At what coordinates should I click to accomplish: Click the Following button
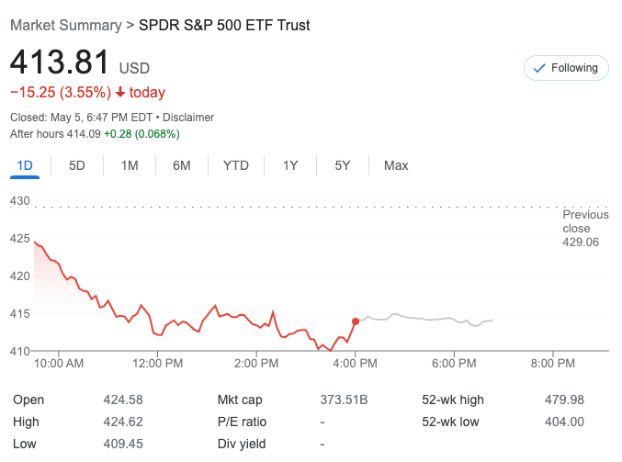tap(566, 68)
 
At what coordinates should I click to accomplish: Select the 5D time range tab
tap(77, 165)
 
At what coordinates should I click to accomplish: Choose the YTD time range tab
tap(236, 165)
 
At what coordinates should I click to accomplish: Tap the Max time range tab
tap(396, 165)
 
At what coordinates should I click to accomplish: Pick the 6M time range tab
tap(182, 165)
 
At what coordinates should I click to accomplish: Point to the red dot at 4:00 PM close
tap(356, 321)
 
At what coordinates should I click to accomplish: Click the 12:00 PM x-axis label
tap(157, 364)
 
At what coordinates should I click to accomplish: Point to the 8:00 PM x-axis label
tap(553, 364)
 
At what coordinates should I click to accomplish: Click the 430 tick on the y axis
tap(20, 201)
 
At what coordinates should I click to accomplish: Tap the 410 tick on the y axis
tap(20, 351)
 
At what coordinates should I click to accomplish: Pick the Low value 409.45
tap(123, 444)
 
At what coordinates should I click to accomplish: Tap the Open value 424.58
tap(123, 400)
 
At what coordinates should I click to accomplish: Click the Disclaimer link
tap(188, 118)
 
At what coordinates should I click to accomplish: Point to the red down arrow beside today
tap(120, 92)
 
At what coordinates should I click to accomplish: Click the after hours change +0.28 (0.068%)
tap(141, 134)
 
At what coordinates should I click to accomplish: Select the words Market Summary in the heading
tap(65, 25)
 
